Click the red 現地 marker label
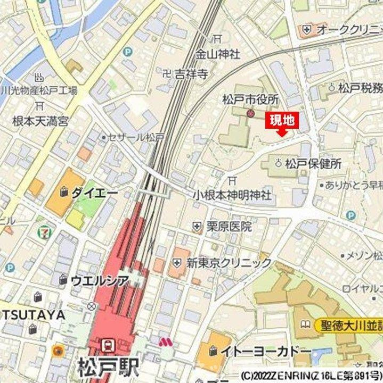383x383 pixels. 282,121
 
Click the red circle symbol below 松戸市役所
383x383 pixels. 250,113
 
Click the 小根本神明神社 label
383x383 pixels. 232,195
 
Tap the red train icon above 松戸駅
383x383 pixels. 108,345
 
